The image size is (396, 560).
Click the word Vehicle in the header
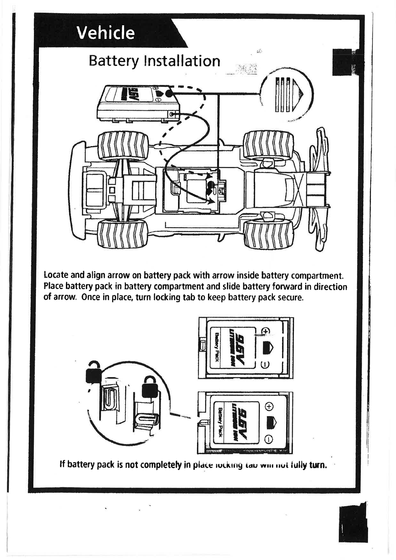tap(105, 33)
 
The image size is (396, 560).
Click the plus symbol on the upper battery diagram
tap(265, 331)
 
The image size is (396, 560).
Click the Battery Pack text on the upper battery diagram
tap(216, 348)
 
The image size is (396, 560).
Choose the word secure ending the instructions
tap(290, 297)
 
